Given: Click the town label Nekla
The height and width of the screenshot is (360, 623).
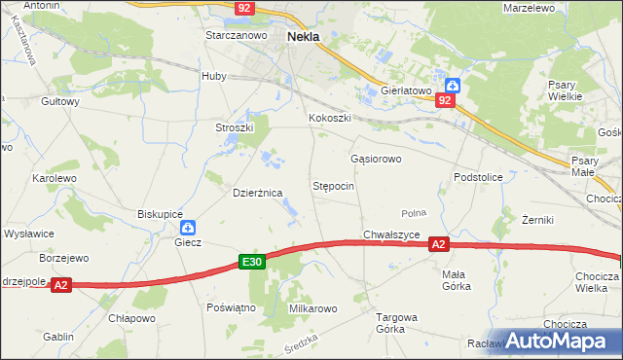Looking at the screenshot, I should click(305, 36).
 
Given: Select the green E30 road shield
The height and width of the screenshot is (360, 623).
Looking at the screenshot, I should click(252, 262).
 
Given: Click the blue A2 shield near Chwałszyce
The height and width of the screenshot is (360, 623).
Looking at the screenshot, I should click(439, 245).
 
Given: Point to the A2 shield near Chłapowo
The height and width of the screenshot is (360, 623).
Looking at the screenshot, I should click(61, 285).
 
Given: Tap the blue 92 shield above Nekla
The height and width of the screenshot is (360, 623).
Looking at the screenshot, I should click(244, 8).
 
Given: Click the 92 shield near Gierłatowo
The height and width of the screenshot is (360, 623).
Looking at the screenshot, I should click(445, 100).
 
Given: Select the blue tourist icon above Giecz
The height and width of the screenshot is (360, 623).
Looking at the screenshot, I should click(189, 227).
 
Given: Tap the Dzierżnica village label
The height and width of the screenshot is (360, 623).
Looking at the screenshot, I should click(257, 193).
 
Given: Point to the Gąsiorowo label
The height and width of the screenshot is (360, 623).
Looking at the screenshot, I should click(376, 158).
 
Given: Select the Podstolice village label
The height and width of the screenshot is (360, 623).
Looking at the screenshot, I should click(478, 177).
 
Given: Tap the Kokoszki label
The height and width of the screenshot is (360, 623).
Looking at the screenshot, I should click(329, 119).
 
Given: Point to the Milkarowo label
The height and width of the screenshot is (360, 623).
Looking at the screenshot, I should click(312, 308).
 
